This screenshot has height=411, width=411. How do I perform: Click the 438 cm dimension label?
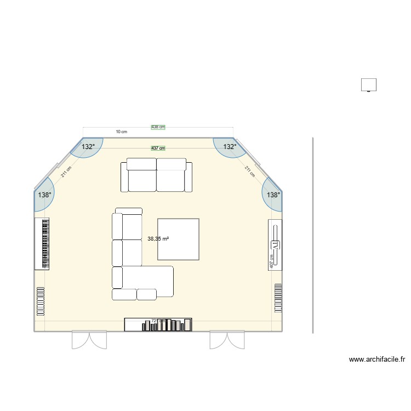(x=158, y=127)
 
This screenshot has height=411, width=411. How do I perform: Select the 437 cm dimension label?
(x=158, y=148)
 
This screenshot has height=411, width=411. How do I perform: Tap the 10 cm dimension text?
(x=121, y=132)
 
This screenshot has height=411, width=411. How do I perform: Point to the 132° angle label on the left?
(x=88, y=147)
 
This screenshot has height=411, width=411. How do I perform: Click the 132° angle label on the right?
(x=230, y=147)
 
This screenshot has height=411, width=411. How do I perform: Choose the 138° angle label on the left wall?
(x=44, y=195)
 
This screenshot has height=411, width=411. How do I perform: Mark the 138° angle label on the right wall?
(x=273, y=195)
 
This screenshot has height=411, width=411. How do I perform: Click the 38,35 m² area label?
(x=158, y=239)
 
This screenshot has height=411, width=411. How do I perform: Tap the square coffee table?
(x=178, y=239)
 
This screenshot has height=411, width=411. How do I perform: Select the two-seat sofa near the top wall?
(x=157, y=175)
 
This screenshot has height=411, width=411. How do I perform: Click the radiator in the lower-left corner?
(x=40, y=302)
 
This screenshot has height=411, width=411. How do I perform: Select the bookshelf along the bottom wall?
(x=158, y=325)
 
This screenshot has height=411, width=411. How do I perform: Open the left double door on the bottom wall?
(x=89, y=340)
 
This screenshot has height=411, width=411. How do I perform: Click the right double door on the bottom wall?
(x=227, y=340)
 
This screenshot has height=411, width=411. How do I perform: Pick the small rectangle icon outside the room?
(x=369, y=85)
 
